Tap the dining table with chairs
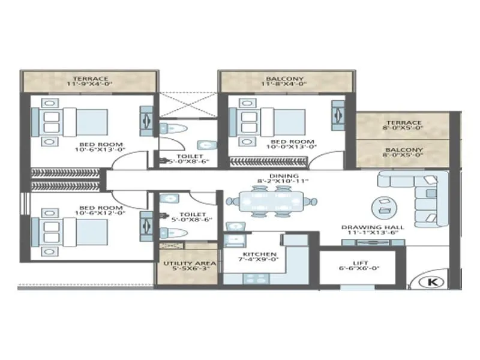coord(268,200)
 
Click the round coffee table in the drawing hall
coord(382,206)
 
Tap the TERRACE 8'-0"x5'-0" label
coord(403,125)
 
